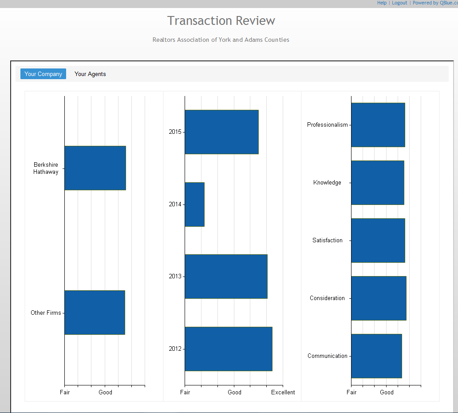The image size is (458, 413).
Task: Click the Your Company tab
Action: point(43,74)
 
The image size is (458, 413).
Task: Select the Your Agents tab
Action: point(90,74)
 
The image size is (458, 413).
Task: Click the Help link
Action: point(382,3)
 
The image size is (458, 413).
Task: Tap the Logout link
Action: point(399,3)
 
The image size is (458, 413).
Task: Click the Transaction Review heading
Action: point(221,21)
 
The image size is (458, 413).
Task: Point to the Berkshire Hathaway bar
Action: point(95,168)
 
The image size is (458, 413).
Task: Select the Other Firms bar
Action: point(95,313)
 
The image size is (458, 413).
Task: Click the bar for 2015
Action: point(221,132)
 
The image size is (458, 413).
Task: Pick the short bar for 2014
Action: point(194,204)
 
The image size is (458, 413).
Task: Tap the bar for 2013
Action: point(226,277)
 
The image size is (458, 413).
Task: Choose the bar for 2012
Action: point(228,349)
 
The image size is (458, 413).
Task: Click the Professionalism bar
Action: point(378,125)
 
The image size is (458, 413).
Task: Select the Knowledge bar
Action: point(377,183)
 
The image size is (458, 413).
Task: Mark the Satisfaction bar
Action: point(378,241)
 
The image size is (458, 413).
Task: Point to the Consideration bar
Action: point(379,298)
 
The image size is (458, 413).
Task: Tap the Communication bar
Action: point(376,356)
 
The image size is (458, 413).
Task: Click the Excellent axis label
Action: point(283,392)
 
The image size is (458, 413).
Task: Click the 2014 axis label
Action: point(175,204)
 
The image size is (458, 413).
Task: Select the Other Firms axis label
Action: point(46,313)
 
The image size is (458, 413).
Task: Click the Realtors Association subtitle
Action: point(221,40)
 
